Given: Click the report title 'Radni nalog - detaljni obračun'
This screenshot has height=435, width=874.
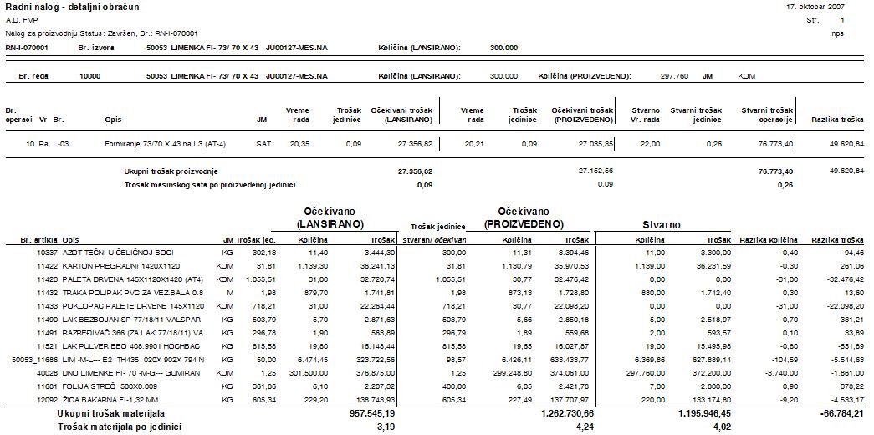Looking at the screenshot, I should tap(62, 7).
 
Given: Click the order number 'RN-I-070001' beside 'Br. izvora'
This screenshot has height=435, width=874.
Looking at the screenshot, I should tap(27, 48).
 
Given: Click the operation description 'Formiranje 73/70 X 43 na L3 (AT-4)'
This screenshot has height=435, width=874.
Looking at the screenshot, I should tap(156, 144).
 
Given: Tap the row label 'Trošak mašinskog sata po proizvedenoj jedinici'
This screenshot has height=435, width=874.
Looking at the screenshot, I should tap(210, 184).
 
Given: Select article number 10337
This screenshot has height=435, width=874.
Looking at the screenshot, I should tap(46, 252).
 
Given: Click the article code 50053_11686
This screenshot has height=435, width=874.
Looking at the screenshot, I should tap(34, 359).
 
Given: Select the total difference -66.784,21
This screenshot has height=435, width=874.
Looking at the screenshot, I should tap(839, 413).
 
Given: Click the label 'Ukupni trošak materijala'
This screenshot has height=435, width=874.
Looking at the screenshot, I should tap(110, 413).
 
